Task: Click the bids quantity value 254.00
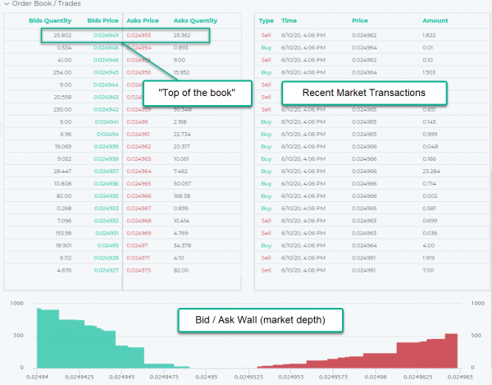click(41, 72)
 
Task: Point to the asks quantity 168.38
click(182, 195)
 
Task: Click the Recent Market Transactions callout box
click(364, 94)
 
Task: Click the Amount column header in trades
click(435, 20)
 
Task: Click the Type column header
click(266, 20)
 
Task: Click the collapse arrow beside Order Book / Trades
click(6, 3)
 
